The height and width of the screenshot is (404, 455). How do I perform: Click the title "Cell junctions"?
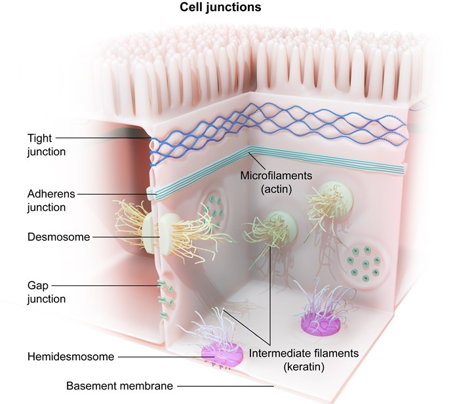(220, 8)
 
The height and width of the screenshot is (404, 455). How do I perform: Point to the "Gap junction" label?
(47, 293)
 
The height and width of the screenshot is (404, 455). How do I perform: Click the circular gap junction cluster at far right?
(364, 262)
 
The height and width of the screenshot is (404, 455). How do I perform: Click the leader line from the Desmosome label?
(125, 237)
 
